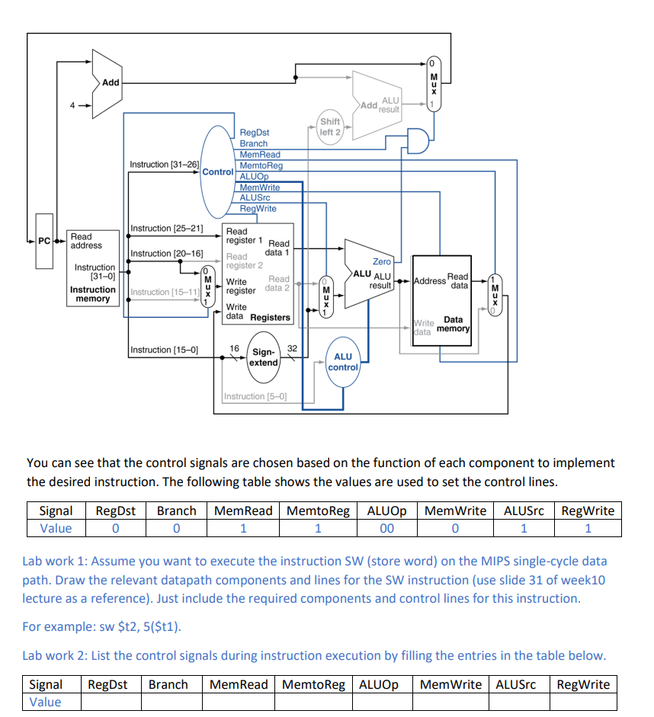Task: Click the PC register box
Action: point(44,242)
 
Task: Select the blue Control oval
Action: point(218,171)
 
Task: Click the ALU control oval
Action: point(343,362)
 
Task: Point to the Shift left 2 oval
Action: point(330,127)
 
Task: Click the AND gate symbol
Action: point(418,140)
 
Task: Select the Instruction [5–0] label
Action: point(255,396)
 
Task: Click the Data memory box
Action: point(442,301)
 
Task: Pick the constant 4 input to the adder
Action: point(74,106)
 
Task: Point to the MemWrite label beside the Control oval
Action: point(260,187)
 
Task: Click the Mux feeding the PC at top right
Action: point(432,83)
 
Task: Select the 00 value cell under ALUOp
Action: point(386,528)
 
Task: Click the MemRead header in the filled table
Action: point(242,511)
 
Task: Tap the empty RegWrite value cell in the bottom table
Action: point(583,702)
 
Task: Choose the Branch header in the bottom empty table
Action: point(168,683)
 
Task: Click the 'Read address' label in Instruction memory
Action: point(86,241)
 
